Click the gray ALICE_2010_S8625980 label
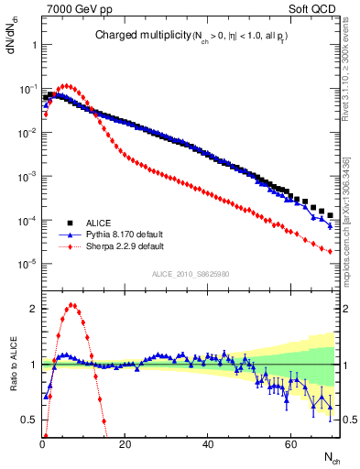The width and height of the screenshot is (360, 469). (188, 274)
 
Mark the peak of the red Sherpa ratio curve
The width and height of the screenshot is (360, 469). (72, 305)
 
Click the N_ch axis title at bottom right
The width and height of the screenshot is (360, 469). (331, 457)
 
